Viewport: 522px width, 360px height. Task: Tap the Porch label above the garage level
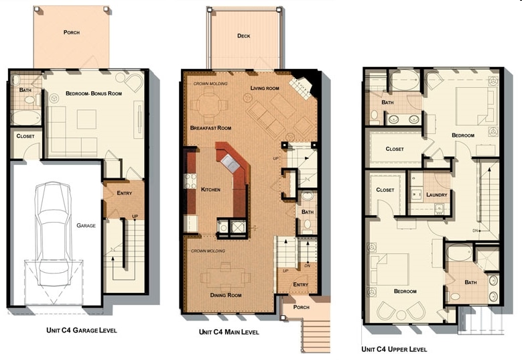pyautogui.click(x=72, y=32)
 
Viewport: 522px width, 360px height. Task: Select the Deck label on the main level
pyautogui.click(x=244, y=36)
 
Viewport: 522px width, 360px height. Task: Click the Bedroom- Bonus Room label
pyautogui.click(x=94, y=93)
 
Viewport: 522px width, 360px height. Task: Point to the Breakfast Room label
pyautogui.click(x=210, y=128)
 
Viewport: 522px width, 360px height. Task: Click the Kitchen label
pyautogui.click(x=210, y=190)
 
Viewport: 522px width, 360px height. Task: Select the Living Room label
pyautogui.click(x=265, y=88)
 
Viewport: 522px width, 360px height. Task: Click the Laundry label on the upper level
pyautogui.click(x=436, y=195)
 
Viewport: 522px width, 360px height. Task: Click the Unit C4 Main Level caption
pyautogui.click(x=229, y=332)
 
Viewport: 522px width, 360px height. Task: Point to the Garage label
pyautogui.click(x=86, y=226)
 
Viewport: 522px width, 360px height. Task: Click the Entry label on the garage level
pyautogui.click(x=124, y=193)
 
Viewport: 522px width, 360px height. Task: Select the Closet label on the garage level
pyautogui.click(x=25, y=136)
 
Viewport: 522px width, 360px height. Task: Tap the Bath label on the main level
pyautogui.click(x=308, y=213)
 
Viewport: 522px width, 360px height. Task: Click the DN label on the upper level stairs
pyautogui.click(x=474, y=230)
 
